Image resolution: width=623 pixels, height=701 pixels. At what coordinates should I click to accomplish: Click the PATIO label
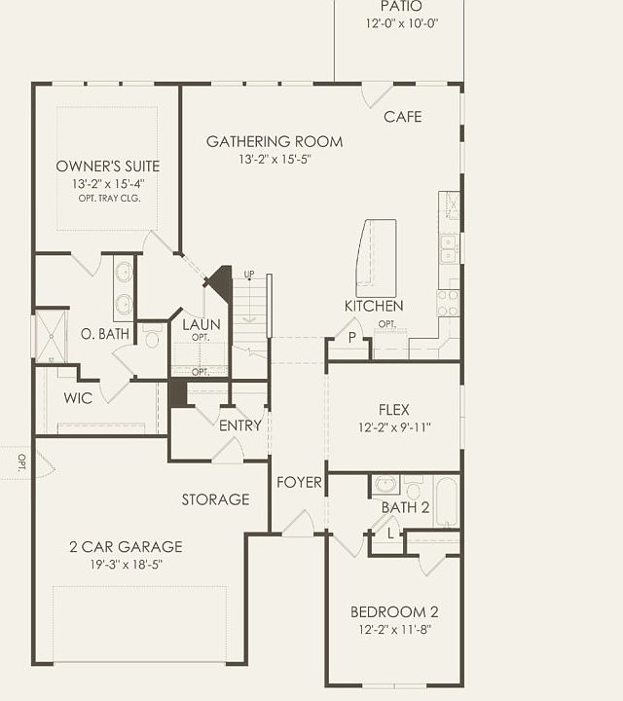click(402, 7)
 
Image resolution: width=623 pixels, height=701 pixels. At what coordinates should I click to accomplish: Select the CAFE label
click(403, 117)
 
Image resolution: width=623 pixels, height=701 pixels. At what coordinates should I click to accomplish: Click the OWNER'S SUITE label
click(107, 166)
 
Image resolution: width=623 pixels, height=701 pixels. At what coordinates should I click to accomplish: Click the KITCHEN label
click(374, 306)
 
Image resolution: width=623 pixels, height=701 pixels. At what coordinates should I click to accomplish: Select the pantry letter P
click(352, 338)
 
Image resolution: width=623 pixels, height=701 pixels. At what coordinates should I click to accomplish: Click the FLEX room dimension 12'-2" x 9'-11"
click(394, 427)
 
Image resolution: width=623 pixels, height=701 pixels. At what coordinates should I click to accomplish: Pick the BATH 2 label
click(405, 507)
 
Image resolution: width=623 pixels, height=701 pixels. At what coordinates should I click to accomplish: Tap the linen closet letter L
click(390, 534)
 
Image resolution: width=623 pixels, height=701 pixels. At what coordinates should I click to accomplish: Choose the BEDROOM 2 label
click(394, 612)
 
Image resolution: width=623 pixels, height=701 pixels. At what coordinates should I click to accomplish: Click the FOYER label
click(299, 483)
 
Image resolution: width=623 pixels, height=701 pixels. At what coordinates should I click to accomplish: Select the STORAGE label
click(215, 499)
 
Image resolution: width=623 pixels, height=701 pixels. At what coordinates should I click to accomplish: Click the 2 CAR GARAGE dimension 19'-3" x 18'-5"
click(111, 564)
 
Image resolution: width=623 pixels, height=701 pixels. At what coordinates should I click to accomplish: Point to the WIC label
click(78, 398)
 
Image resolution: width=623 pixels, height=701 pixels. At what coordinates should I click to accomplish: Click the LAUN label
click(201, 324)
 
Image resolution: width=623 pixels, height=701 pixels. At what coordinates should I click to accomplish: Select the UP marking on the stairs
click(249, 274)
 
